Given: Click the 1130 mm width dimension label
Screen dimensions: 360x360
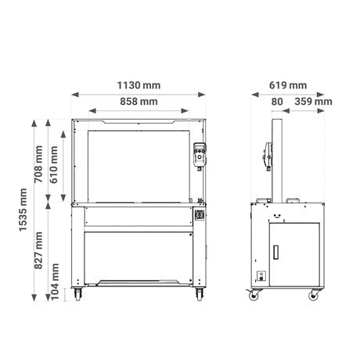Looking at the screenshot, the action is click(x=139, y=85).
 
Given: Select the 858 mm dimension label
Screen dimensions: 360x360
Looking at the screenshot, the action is click(x=139, y=102).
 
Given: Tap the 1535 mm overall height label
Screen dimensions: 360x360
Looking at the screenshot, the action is click(x=23, y=210).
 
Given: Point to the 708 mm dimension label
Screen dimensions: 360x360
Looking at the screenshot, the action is click(x=38, y=164).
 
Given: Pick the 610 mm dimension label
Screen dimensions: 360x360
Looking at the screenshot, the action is click(x=53, y=164).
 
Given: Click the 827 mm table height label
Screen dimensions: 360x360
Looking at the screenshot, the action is click(x=38, y=250).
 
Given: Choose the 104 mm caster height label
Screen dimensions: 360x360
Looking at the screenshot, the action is click(x=55, y=282).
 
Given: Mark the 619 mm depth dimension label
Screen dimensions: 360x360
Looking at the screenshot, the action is click(x=288, y=85).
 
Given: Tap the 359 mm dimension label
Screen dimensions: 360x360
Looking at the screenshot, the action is click(x=313, y=102).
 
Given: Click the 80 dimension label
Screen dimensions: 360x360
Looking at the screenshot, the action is click(x=277, y=102).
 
